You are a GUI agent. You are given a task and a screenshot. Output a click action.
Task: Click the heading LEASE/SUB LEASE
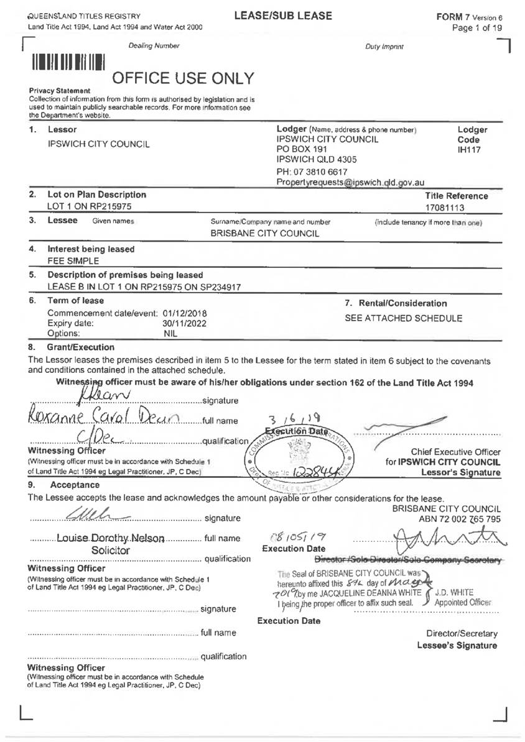[283, 16]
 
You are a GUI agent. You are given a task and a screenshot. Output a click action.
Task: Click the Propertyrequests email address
[350, 183]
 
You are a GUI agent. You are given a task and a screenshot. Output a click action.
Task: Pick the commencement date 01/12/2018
[185, 313]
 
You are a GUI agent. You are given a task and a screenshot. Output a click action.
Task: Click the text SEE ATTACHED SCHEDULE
[404, 318]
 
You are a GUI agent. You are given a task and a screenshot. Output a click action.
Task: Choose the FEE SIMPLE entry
[69, 260]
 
